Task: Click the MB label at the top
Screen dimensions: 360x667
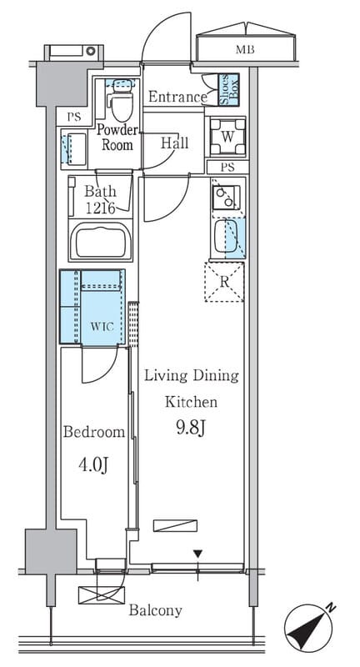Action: [245, 50]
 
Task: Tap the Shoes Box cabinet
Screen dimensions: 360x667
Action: [228, 89]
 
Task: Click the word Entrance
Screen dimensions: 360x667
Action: [177, 97]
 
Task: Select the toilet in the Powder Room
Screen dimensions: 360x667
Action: [120, 99]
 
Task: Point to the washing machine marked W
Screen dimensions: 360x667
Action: [227, 137]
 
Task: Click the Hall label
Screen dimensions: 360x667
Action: [174, 143]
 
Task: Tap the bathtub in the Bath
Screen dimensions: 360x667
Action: [101, 243]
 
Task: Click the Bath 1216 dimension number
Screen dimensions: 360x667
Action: [101, 208]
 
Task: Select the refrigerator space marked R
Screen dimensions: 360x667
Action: [224, 282]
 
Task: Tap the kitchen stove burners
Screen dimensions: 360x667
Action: [226, 198]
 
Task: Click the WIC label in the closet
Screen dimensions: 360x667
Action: [102, 327]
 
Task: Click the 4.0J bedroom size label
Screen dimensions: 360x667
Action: [93, 465]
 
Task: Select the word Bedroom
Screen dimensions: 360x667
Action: [94, 432]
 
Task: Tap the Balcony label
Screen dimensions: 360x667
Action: [156, 611]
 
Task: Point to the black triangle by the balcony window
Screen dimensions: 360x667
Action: [197, 554]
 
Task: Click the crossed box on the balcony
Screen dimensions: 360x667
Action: [102, 595]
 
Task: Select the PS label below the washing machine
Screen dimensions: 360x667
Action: [227, 168]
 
